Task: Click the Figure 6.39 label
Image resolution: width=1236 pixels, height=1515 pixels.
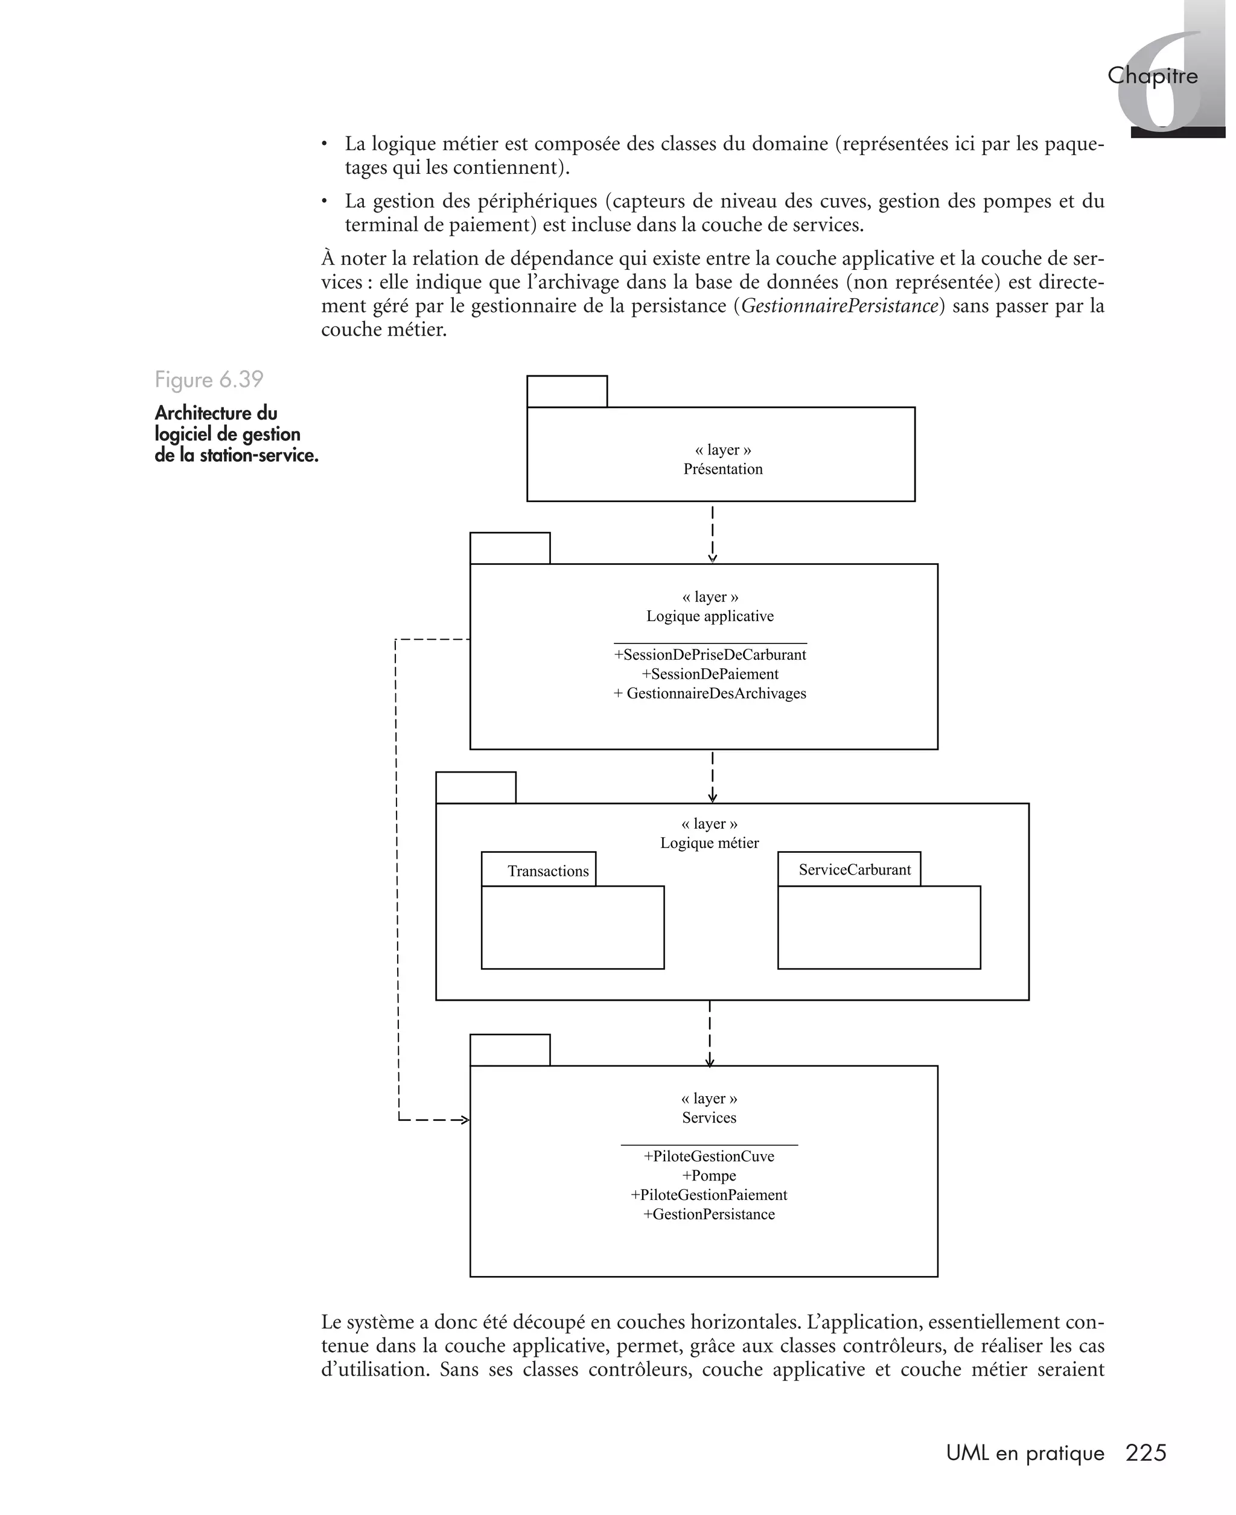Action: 209,380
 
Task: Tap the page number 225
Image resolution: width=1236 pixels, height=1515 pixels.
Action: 1145,1452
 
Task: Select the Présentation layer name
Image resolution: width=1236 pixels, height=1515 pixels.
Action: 722,469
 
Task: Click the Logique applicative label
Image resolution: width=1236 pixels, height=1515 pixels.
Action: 710,616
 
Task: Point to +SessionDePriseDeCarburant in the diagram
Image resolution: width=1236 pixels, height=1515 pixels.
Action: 710,654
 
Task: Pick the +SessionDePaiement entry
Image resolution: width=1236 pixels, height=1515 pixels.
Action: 710,674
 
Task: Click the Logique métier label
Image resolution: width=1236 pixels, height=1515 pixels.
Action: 709,843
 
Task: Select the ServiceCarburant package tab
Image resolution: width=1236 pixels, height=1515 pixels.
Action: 855,869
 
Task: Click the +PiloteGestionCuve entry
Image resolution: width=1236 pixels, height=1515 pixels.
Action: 709,1156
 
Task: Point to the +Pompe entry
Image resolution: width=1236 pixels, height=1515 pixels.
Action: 709,1175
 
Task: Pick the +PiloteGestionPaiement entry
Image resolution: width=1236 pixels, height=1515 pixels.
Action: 709,1194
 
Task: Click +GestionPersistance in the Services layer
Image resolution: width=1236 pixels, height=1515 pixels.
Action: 709,1214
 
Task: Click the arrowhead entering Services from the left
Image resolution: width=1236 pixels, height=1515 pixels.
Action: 464,1120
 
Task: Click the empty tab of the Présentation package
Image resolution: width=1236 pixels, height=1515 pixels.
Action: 567,392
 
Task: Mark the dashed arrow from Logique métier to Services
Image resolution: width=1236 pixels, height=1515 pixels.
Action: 710,1032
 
